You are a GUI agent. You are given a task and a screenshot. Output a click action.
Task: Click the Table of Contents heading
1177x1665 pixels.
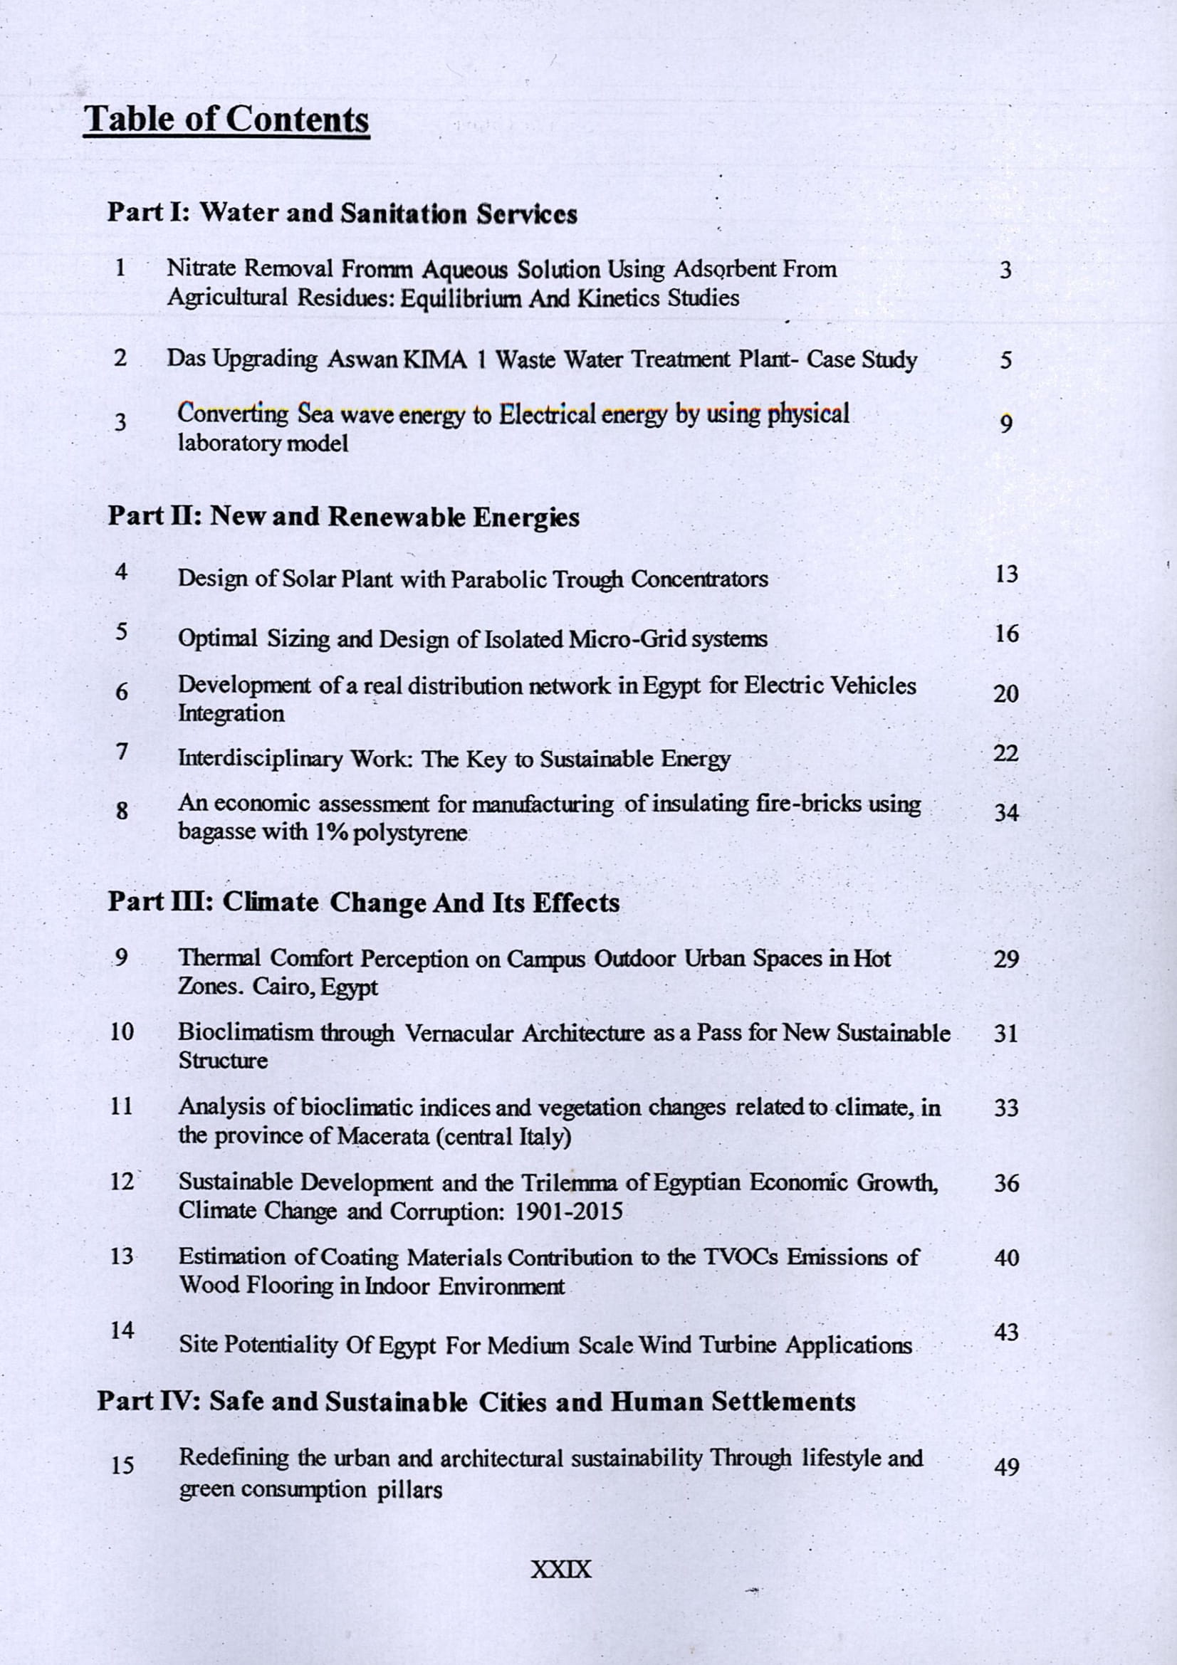coord(227,119)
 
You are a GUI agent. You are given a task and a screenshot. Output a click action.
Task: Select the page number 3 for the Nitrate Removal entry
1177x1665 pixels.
coord(1005,271)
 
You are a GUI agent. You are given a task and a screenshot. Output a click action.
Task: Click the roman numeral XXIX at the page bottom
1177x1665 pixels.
coord(561,1571)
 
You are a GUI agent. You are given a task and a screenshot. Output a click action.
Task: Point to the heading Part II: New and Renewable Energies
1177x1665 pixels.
coord(344,517)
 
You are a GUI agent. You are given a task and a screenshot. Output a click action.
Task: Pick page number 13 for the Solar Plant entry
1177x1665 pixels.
coord(1007,574)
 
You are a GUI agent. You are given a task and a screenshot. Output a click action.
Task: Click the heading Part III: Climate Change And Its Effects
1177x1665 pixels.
coord(363,903)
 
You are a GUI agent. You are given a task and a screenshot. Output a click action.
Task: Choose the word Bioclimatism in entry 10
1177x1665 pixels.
coord(246,1033)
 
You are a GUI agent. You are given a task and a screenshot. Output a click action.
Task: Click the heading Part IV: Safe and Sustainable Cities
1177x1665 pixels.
coord(476,1402)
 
